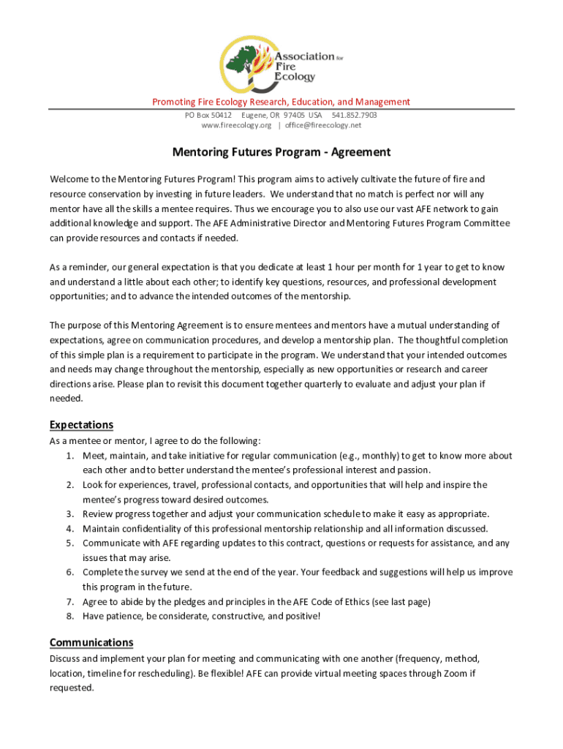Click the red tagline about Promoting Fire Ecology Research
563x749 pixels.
(x=281, y=102)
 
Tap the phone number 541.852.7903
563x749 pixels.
(x=355, y=115)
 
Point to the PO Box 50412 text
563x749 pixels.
(x=208, y=115)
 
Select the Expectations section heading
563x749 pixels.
(x=81, y=425)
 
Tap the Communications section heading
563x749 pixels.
(x=91, y=642)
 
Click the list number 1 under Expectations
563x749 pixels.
(x=69, y=456)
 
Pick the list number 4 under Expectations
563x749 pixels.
(x=69, y=529)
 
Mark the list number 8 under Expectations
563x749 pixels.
(x=69, y=617)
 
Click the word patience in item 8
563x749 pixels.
(x=124, y=617)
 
